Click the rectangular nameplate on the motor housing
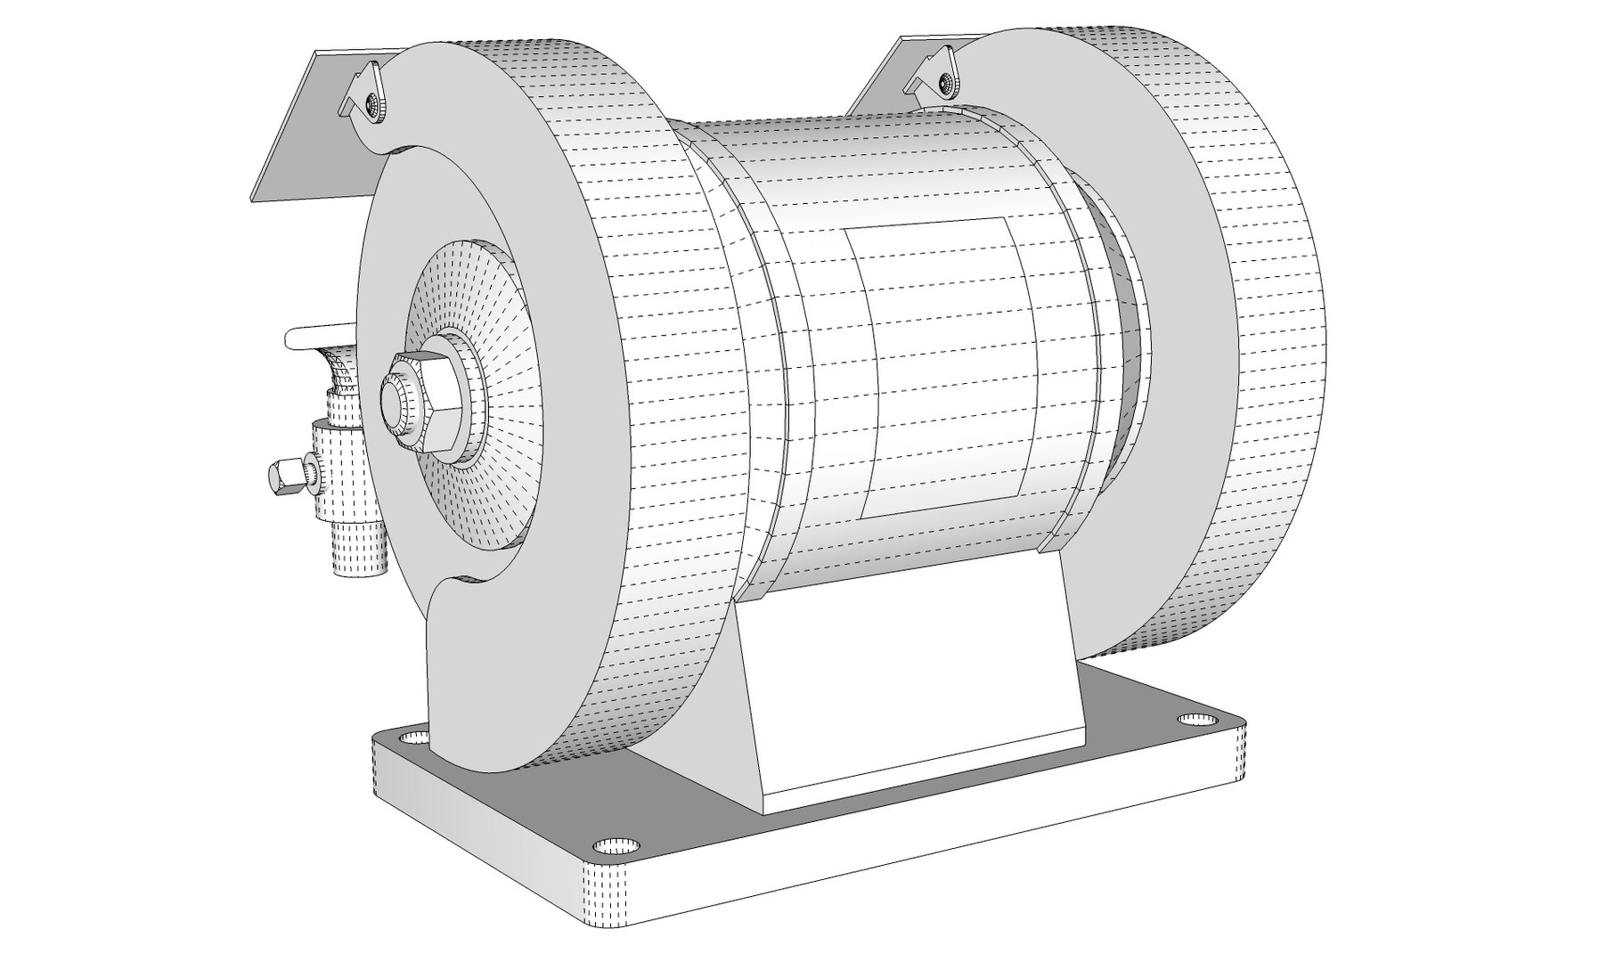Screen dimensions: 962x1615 coord(944,365)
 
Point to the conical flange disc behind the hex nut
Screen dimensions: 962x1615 coord(499,356)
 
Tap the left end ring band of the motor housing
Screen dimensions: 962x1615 coord(757,356)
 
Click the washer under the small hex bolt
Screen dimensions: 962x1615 coord(309,470)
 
